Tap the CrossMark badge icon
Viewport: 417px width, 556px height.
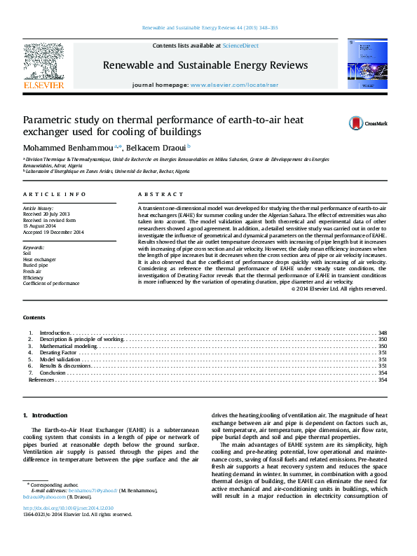pos(357,123)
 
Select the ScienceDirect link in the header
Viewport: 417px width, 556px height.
pos(240,46)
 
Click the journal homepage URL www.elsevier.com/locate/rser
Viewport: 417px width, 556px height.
pos(226,85)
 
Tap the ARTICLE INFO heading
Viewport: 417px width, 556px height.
pos(55,194)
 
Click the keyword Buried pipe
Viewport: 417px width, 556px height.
pos(36,265)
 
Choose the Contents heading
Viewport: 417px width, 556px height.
pos(34,317)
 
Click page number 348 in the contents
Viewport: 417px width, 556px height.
pos(383,333)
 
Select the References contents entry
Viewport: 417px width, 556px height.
pos(41,380)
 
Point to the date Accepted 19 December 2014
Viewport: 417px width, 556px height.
pos(53,232)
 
